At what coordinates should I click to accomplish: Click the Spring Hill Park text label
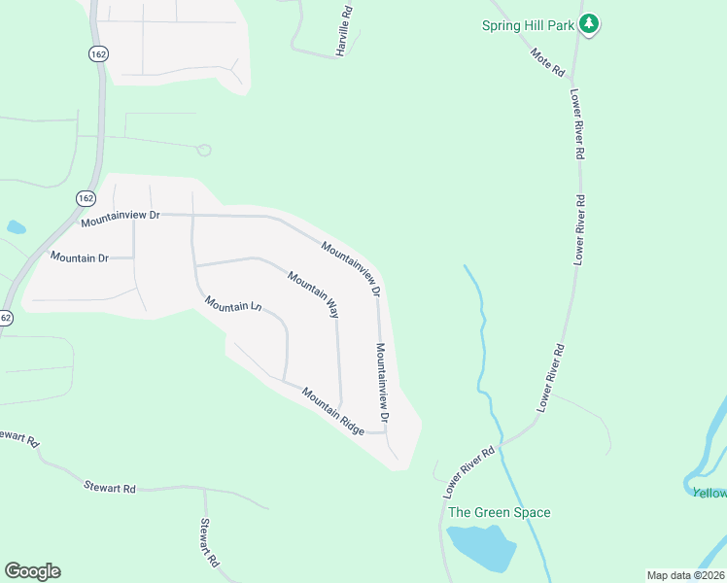pyautogui.click(x=529, y=25)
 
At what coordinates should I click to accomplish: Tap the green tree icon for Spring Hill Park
pyautogui.click(x=588, y=23)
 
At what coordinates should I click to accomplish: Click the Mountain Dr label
pyautogui.click(x=80, y=257)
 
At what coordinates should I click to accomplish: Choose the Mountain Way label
pyautogui.click(x=313, y=294)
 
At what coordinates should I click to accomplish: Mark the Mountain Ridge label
pyautogui.click(x=332, y=411)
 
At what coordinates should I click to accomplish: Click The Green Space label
pyautogui.click(x=500, y=512)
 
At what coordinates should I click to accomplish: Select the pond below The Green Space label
pyautogui.click(x=479, y=548)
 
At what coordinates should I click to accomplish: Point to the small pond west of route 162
pyautogui.click(x=16, y=227)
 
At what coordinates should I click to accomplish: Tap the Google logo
pyautogui.click(x=32, y=571)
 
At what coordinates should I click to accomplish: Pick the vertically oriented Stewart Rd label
pyautogui.click(x=209, y=542)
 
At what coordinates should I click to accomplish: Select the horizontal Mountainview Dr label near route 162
pyautogui.click(x=120, y=219)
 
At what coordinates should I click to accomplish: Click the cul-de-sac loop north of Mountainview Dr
pyautogui.click(x=203, y=150)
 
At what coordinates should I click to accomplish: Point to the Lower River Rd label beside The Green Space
pyautogui.click(x=470, y=472)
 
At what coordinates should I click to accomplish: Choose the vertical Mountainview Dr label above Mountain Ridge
pyautogui.click(x=383, y=381)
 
